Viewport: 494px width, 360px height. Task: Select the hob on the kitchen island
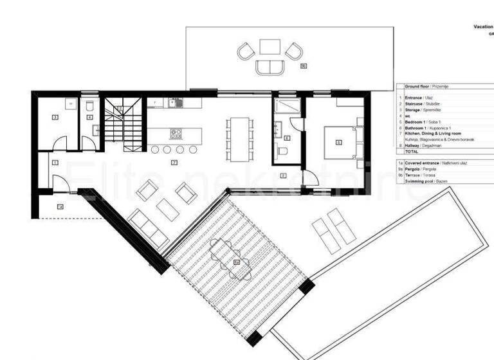(x=176, y=134)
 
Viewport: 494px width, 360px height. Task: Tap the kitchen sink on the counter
(x=174, y=102)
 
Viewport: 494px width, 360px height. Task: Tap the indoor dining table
(x=239, y=138)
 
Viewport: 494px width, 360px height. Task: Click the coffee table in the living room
(x=167, y=208)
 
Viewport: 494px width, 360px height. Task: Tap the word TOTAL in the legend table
(x=412, y=151)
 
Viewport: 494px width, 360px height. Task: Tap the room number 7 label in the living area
(x=174, y=162)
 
